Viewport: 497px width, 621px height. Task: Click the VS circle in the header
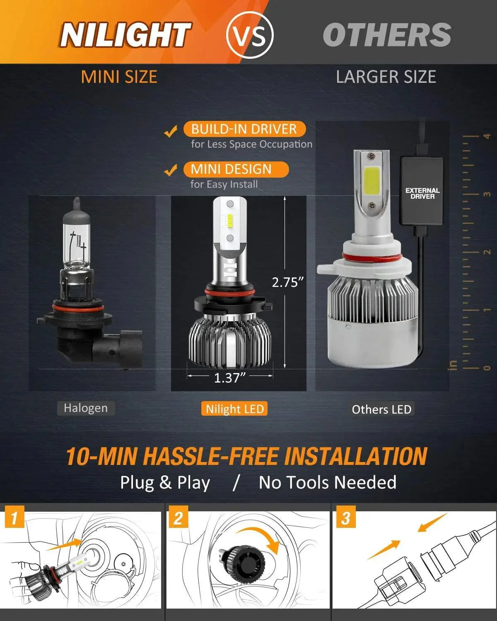250,35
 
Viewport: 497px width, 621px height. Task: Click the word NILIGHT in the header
125,35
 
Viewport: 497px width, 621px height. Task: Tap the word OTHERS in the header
387,35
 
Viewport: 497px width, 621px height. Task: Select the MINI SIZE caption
119,77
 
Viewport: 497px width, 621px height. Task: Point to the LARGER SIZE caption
386,77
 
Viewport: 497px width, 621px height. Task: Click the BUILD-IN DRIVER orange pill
244,129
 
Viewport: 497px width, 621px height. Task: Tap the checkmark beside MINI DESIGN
170,170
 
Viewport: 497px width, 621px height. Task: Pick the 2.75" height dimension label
288,282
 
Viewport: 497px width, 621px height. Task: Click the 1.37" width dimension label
230,378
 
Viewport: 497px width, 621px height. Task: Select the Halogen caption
86,408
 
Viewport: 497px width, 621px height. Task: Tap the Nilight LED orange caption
234,409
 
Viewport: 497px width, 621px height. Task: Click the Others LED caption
381,409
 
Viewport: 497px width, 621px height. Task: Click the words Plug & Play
165,483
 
